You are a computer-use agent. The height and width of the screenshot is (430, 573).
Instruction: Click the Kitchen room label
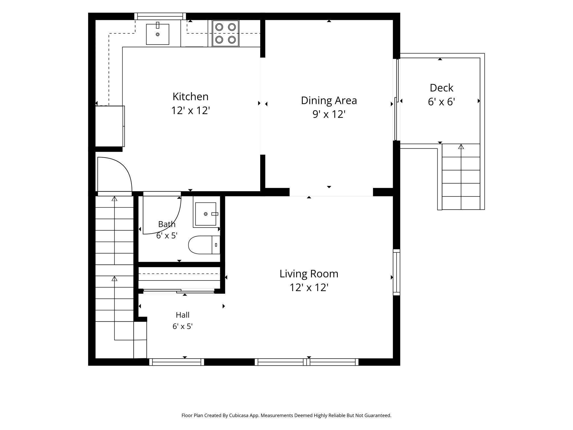coord(191,97)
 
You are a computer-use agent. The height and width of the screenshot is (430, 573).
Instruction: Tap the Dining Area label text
coord(329,101)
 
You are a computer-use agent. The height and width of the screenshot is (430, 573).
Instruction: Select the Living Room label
coord(309,274)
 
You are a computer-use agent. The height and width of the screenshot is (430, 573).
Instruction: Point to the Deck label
coord(442,88)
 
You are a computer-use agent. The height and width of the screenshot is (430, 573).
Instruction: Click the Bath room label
coord(167,224)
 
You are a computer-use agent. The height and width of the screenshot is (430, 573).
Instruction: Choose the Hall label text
coord(182,315)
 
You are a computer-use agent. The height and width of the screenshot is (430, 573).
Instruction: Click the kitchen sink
coord(158,34)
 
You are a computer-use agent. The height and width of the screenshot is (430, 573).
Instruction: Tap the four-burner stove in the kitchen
coord(226,33)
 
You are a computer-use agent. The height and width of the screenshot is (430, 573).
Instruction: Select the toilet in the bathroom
coord(204,245)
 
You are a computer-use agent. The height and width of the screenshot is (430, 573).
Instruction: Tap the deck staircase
coord(461,177)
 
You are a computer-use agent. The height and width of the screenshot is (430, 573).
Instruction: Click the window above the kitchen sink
coord(160,17)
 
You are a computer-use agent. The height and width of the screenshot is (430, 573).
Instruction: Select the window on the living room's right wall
coord(396,272)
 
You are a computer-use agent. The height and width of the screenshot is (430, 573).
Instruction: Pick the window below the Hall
coord(177,362)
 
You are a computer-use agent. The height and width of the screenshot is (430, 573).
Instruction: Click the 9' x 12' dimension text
coord(329,114)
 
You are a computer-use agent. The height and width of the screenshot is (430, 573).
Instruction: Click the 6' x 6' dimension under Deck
coord(442,102)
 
